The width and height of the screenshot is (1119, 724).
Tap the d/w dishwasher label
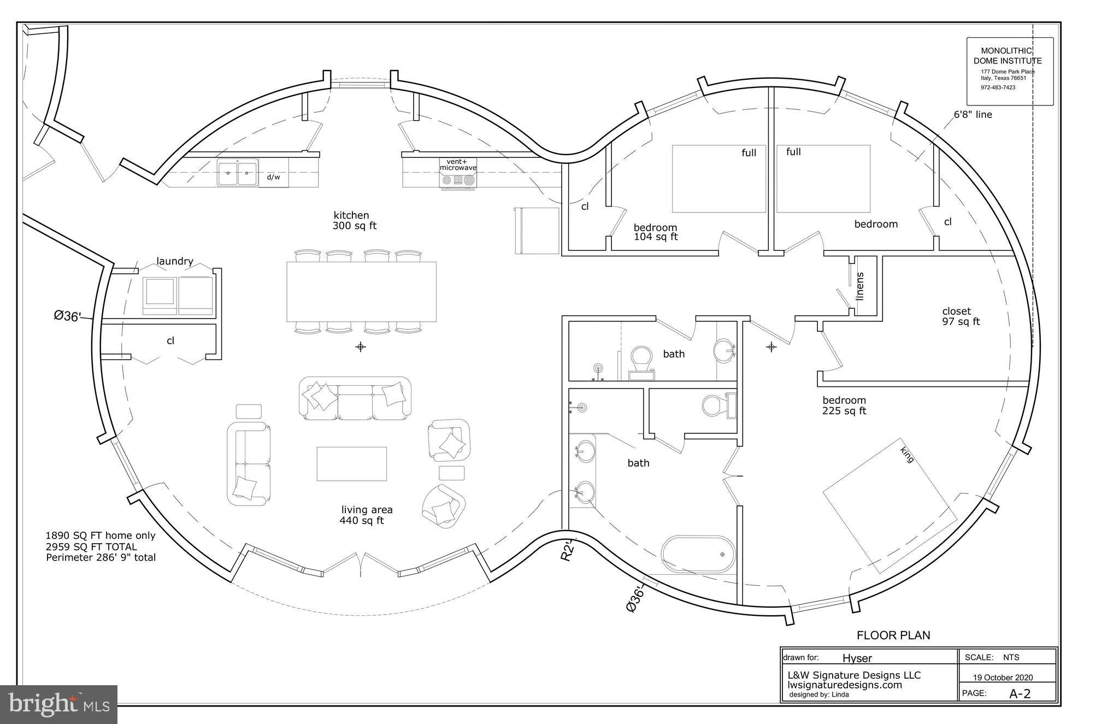point(273,178)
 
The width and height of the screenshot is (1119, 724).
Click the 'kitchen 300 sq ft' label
point(354,220)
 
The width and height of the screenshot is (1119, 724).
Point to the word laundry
point(175,261)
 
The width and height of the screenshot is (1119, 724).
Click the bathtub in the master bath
point(698,554)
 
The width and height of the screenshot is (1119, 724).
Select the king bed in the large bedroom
point(890,505)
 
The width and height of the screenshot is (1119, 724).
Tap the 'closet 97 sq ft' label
point(961,316)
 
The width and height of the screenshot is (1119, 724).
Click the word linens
point(861,286)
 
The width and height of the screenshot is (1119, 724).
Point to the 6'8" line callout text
point(973,115)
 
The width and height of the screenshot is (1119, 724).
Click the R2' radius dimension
point(568,550)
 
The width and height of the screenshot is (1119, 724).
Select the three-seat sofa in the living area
point(355,398)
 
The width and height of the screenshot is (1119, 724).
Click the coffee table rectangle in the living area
point(352,464)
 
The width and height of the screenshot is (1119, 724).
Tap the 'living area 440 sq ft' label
point(365,515)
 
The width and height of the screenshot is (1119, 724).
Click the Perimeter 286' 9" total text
point(101,558)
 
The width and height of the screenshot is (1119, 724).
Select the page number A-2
point(1020,694)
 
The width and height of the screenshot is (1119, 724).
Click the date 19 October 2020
point(1003,678)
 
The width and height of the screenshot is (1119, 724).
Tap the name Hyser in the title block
point(857,658)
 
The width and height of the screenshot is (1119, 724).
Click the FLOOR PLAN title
point(893,635)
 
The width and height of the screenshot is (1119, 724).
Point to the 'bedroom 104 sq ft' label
point(655,232)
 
